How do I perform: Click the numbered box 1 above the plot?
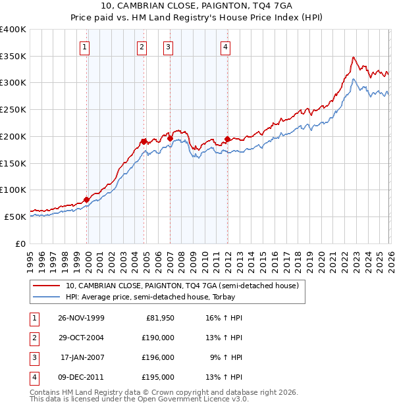click(86, 46)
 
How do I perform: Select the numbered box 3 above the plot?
click(169, 46)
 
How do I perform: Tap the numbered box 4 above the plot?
click(226, 46)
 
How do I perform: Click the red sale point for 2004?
click(144, 141)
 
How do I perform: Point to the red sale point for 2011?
click(226, 139)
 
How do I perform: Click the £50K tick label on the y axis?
click(15, 217)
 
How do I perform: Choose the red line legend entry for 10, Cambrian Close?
click(182, 286)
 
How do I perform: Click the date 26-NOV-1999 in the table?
click(81, 318)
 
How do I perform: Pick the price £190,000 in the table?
click(158, 338)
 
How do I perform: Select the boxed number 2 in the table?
click(33, 338)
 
